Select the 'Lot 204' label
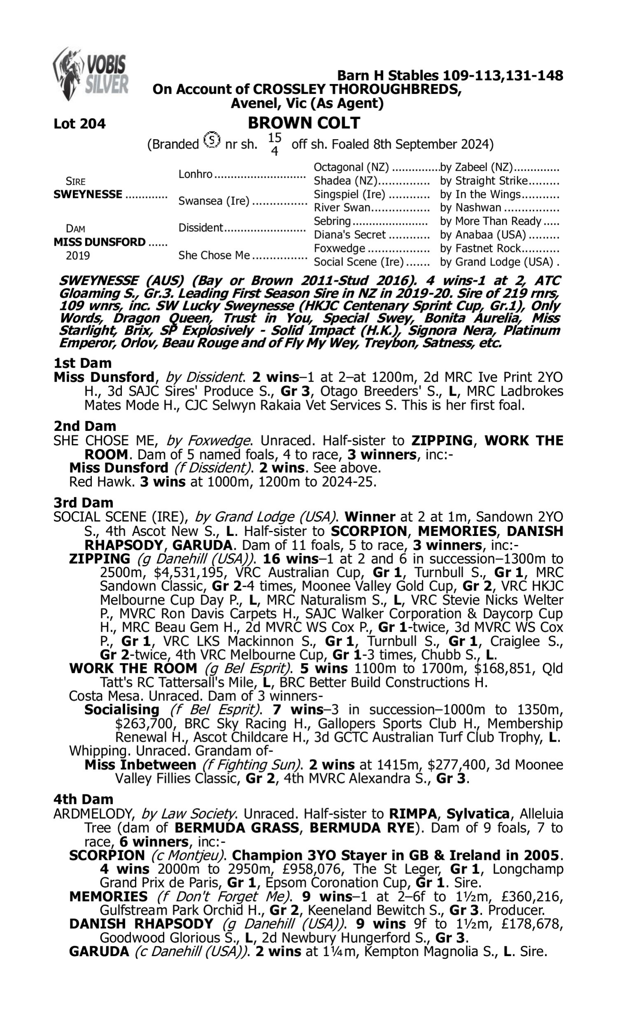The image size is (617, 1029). [x=79, y=124]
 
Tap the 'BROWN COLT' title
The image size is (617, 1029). [x=304, y=123]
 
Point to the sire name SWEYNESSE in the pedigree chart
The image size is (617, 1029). [x=88, y=195]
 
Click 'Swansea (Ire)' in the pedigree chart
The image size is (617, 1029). [x=214, y=201]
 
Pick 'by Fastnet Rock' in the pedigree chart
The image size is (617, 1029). [x=480, y=249]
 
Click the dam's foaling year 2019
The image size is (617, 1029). [x=78, y=256]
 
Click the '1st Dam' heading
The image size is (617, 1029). [x=83, y=363]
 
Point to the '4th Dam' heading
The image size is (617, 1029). [x=83, y=799]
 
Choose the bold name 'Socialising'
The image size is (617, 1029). [x=122, y=710]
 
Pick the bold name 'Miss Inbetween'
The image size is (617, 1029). [x=140, y=765]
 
